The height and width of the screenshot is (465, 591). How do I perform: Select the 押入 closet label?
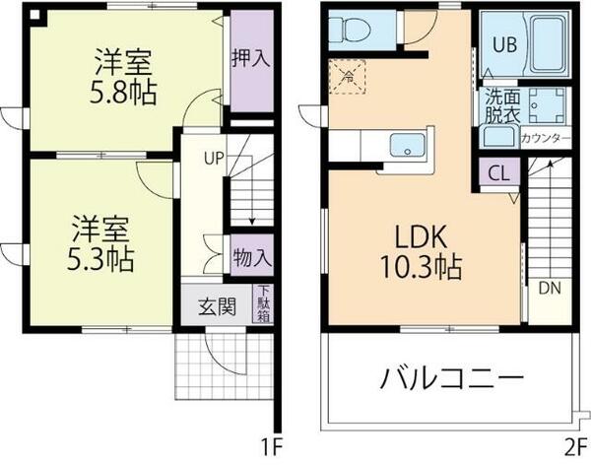point(249,59)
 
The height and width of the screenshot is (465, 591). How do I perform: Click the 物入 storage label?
point(252,259)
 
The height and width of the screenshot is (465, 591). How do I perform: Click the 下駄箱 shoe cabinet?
point(264,304)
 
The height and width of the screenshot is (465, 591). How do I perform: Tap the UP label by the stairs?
point(214,157)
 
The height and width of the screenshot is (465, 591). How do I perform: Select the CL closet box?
point(498,175)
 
